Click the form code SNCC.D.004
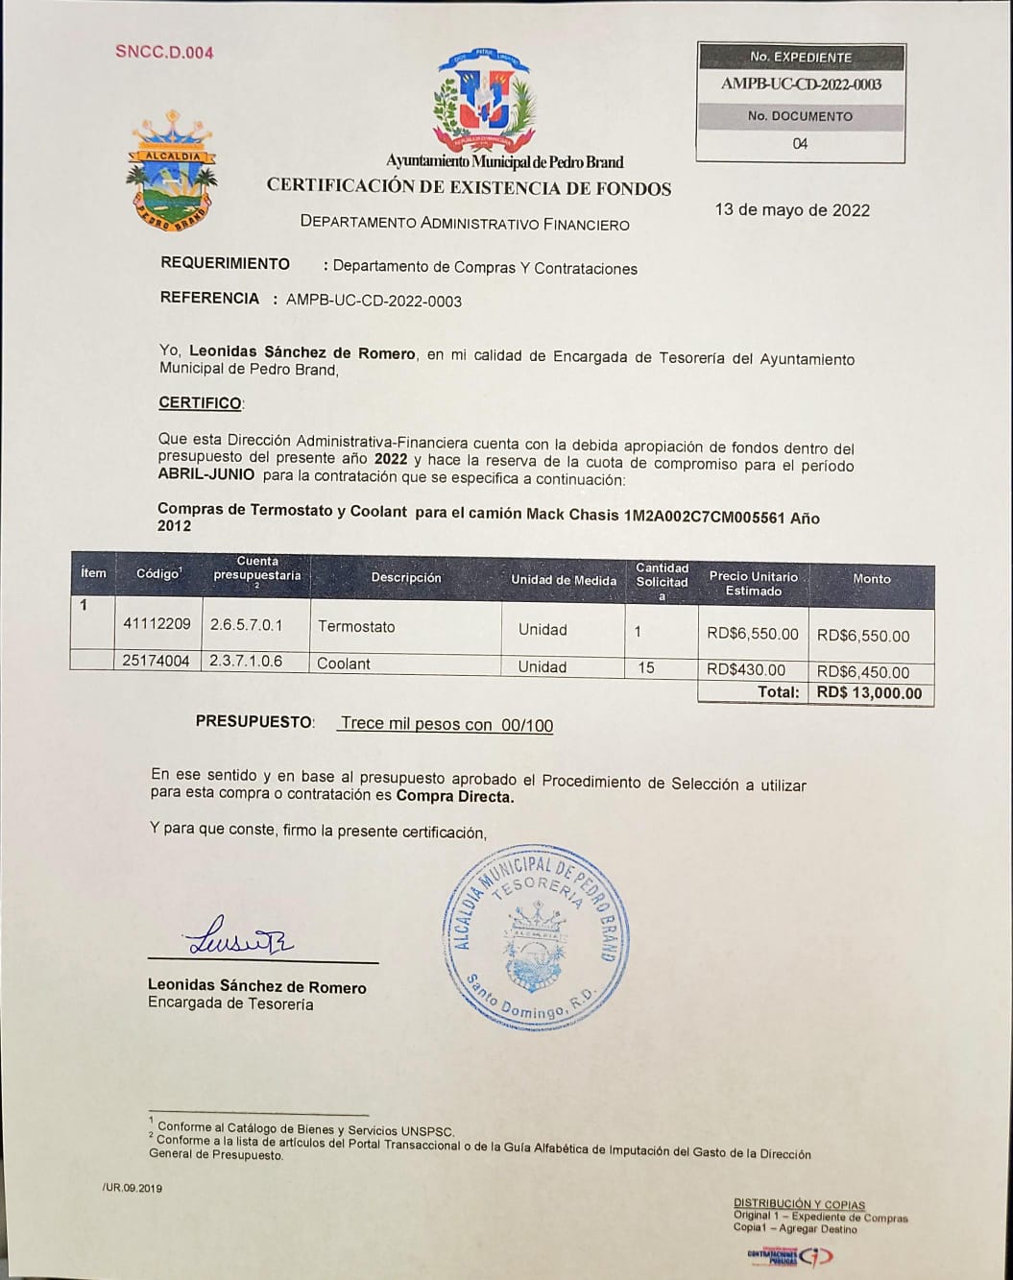click(164, 53)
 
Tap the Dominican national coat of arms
click(483, 101)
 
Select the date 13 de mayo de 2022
click(792, 210)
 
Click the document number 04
click(800, 144)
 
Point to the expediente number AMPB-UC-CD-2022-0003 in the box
click(801, 85)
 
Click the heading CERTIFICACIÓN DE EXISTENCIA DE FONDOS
click(469, 188)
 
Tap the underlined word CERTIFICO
click(201, 403)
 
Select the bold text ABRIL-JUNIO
click(206, 474)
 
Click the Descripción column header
click(406, 578)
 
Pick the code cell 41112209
click(157, 624)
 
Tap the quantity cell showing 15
click(646, 667)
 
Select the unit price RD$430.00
click(746, 670)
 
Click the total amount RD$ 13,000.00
click(869, 693)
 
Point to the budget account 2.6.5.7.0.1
click(247, 625)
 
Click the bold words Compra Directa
click(455, 796)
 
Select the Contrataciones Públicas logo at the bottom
click(789, 1256)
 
